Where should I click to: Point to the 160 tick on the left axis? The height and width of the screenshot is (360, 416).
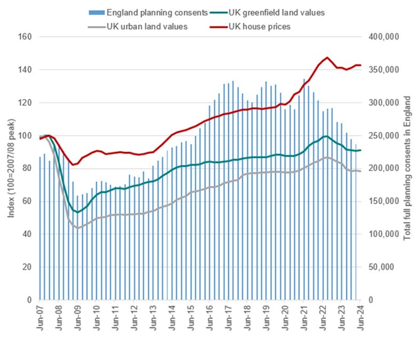pos(25,37)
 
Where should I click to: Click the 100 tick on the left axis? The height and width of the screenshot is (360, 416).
pos(25,135)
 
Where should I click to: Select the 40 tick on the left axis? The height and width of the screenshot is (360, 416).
pos(27,234)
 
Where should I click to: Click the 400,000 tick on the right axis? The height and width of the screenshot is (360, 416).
pos(386,37)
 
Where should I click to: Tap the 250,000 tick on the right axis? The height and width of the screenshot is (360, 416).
pos(386,135)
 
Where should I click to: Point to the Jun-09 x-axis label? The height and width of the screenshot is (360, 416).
pos(77,319)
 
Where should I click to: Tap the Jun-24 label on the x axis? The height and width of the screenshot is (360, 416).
pos(360,319)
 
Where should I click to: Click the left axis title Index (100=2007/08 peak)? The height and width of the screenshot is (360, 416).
pos(11,169)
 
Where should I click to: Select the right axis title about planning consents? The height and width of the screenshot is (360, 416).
pos(407,169)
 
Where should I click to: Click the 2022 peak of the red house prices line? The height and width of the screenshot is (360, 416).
pos(327,57)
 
